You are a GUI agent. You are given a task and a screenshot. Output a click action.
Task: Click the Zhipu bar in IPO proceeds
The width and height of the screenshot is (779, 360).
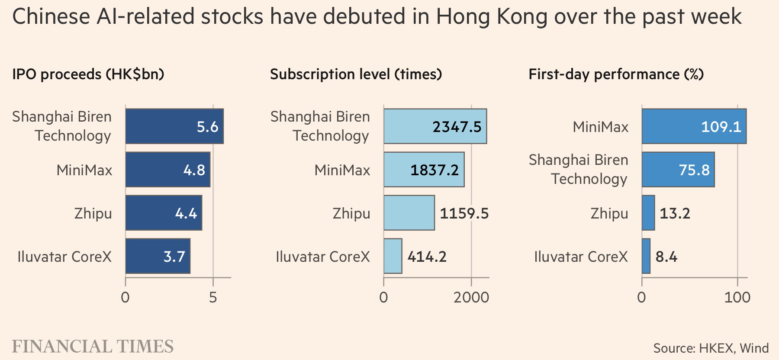coord(164,213)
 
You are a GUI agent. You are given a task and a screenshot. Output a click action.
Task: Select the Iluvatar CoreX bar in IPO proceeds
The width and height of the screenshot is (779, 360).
coord(158,256)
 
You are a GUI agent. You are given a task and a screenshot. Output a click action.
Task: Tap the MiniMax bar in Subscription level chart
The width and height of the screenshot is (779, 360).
coord(424,170)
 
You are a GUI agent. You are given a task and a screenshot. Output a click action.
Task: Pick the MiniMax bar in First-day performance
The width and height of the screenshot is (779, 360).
coord(694,126)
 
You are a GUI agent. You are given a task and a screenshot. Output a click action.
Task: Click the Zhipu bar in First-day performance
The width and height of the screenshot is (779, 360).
coord(648,213)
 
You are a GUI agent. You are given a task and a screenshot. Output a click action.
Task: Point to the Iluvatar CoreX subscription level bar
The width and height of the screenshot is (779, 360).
coord(393,256)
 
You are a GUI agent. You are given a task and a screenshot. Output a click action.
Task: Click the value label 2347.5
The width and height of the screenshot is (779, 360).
coord(457,127)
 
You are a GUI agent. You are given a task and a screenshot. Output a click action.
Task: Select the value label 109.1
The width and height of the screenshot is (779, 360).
coord(721,127)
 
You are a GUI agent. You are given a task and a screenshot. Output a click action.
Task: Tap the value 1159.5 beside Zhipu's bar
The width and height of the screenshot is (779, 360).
coord(464,213)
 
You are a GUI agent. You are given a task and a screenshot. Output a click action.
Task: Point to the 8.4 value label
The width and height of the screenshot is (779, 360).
coord(666,257)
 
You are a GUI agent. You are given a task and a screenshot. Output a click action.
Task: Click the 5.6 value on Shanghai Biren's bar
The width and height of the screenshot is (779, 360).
coord(207,127)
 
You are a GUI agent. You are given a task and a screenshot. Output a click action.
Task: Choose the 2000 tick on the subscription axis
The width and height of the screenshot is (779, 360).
coord(471,298)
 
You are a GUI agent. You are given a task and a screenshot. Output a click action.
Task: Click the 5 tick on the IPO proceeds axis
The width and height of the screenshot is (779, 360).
coord(213,298)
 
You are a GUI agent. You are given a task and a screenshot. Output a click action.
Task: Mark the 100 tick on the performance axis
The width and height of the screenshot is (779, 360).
coord(737,298)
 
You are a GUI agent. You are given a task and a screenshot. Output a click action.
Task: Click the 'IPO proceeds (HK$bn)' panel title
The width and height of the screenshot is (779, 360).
coord(88,74)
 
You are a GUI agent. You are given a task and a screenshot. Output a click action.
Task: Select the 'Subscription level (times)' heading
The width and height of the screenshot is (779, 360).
coord(356,74)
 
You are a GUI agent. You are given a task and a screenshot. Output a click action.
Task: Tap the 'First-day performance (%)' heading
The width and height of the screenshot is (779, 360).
coord(616,74)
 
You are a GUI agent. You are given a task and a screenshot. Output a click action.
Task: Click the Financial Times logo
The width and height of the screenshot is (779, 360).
coord(93,347)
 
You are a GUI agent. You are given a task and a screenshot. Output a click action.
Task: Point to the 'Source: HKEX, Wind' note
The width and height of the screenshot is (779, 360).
coord(711,348)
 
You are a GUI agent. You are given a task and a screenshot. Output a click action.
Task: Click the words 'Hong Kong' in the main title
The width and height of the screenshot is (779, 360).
coord(491,16)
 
